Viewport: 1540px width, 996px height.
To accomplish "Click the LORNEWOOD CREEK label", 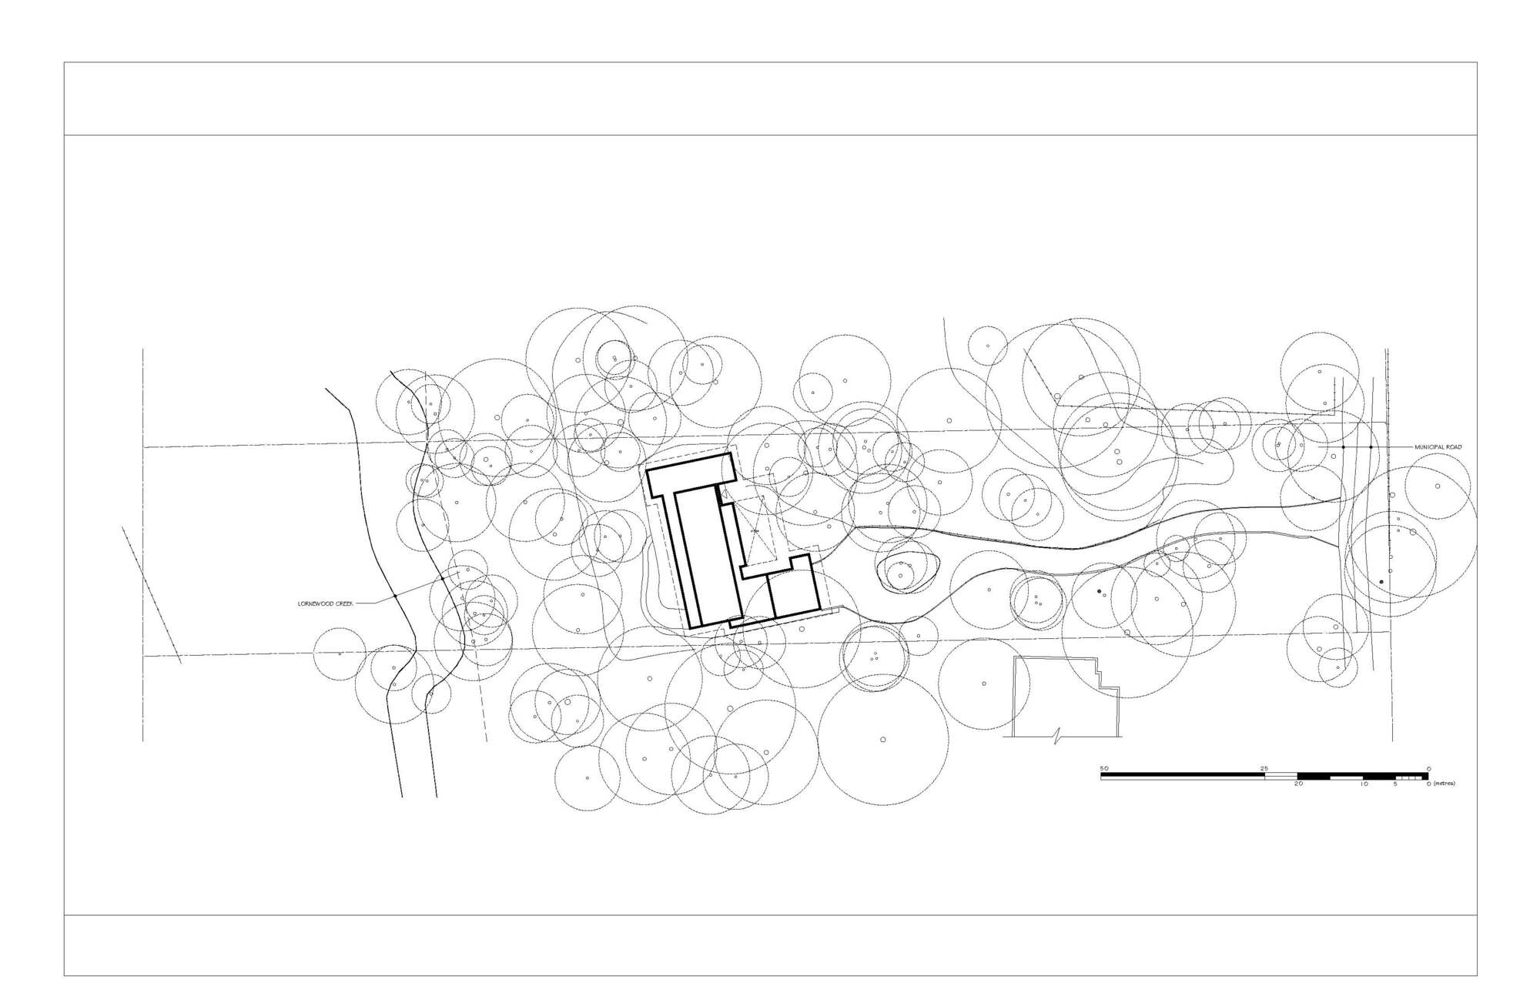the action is pyautogui.click(x=325, y=603).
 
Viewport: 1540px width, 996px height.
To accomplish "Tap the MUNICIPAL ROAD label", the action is pyautogui.click(x=1438, y=447).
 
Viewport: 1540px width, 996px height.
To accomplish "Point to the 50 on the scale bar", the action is pyautogui.click(x=1103, y=768).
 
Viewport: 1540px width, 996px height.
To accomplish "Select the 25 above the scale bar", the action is pyautogui.click(x=1264, y=768).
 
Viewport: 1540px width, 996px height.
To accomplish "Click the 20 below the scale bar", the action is pyautogui.click(x=1297, y=784).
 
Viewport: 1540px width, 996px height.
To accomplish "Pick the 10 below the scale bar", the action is pyautogui.click(x=1363, y=784).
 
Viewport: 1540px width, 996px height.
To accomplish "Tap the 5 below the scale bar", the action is pyautogui.click(x=1395, y=784).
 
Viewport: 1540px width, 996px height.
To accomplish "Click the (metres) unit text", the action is pyautogui.click(x=1444, y=784).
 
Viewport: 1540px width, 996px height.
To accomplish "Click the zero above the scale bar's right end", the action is pyautogui.click(x=1428, y=768).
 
